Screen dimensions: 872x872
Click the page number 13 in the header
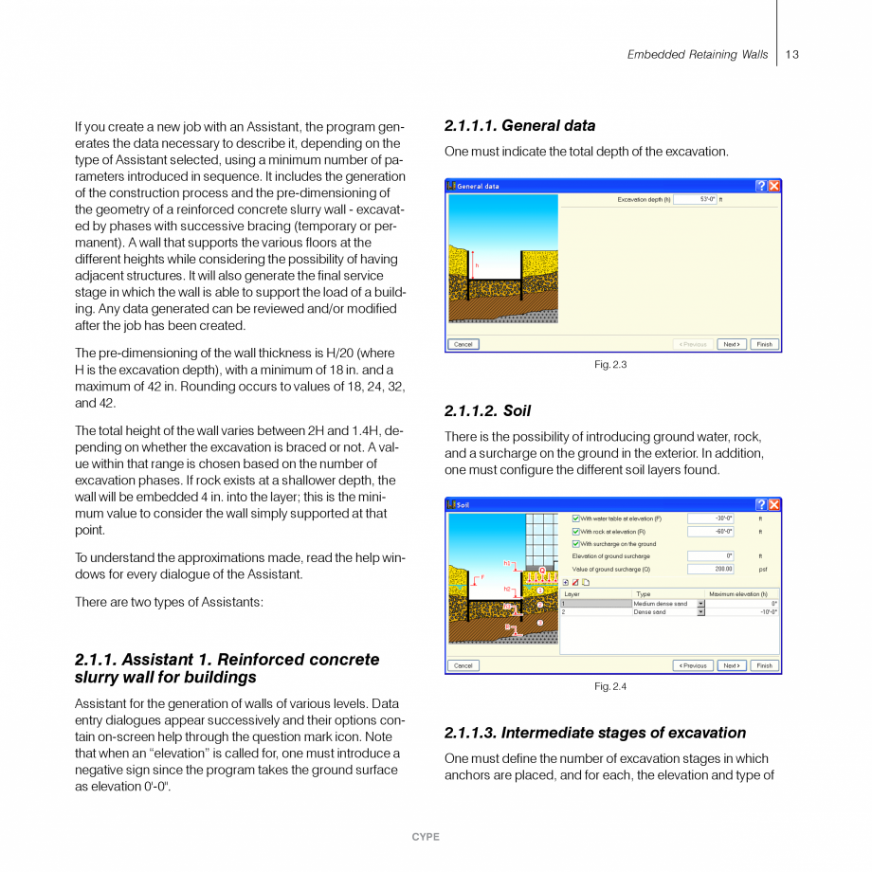click(x=792, y=55)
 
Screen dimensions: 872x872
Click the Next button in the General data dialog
click(x=731, y=344)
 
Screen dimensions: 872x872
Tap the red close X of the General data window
click(x=774, y=186)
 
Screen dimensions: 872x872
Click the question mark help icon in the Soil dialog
click(x=761, y=505)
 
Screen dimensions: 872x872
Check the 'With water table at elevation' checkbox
click(x=576, y=518)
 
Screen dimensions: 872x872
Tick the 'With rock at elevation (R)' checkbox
click(x=576, y=532)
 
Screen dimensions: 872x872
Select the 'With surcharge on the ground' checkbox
click(x=576, y=544)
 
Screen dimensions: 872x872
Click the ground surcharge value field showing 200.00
click(x=711, y=570)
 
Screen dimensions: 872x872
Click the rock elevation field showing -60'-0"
click(x=711, y=532)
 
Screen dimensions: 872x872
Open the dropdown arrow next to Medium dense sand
click(x=701, y=604)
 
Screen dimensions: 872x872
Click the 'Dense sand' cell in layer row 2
click(x=663, y=612)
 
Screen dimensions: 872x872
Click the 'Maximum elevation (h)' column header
click(x=738, y=594)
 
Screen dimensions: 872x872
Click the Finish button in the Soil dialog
click(x=764, y=665)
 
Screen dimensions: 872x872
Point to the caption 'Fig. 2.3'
click(x=610, y=365)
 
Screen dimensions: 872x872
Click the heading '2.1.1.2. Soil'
click(x=487, y=411)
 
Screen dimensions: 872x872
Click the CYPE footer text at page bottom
click(x=426, y=837)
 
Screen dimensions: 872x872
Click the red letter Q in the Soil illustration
click(x=542, y=570)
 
